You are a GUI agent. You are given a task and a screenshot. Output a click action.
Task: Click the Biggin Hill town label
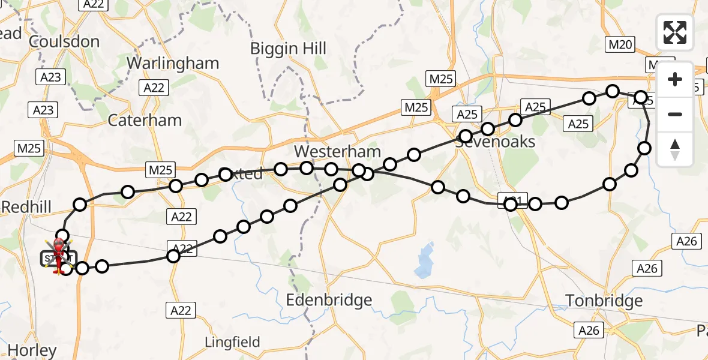288,48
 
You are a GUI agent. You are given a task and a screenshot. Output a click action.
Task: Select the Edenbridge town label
329,300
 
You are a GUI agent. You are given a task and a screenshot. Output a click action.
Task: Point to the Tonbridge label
604,301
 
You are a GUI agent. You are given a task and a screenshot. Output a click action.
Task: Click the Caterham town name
145,120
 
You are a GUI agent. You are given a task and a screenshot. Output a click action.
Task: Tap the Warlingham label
173,63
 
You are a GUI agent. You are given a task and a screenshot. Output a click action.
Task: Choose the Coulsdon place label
64,41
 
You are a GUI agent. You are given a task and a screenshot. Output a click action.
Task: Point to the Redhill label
26,207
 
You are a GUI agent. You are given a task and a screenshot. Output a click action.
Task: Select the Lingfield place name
233,343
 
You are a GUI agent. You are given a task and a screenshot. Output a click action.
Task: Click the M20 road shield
620,44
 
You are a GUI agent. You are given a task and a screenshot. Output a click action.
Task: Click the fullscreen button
675,32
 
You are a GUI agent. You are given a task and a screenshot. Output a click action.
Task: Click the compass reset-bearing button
675,149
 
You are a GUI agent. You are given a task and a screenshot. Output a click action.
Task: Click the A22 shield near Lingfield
181,310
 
